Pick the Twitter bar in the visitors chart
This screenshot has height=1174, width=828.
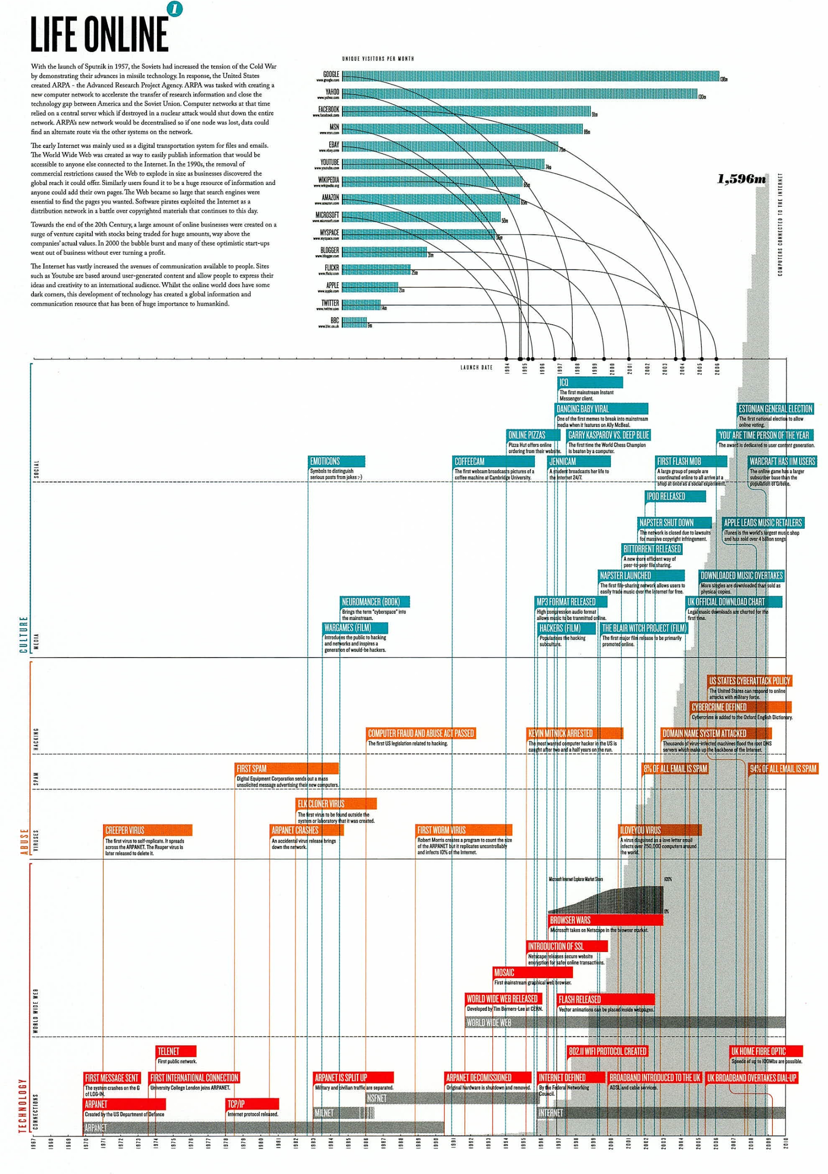pyautogui.click(x=361, y=305)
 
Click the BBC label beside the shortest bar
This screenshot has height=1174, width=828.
pyautogui.click(x=334, y=321)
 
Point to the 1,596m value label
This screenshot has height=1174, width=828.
pyautogui.click(x=741, y=179)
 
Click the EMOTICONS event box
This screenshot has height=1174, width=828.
pyautogui.click(x=337, y=461)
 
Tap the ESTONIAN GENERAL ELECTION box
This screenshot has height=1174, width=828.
pyautogui.click(x=775, y=408)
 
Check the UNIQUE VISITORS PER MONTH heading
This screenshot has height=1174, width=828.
pyautogui.click(x=378, y=59)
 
